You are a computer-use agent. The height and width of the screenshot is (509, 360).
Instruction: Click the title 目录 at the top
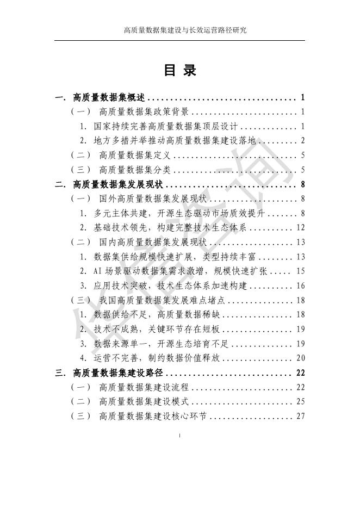point(179,71)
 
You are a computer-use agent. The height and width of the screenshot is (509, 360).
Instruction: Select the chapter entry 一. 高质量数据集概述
point(101,98)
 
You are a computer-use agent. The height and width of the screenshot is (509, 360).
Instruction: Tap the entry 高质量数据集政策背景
point(144,112)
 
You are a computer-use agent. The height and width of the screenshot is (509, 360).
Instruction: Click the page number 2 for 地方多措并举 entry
point(302,140)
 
